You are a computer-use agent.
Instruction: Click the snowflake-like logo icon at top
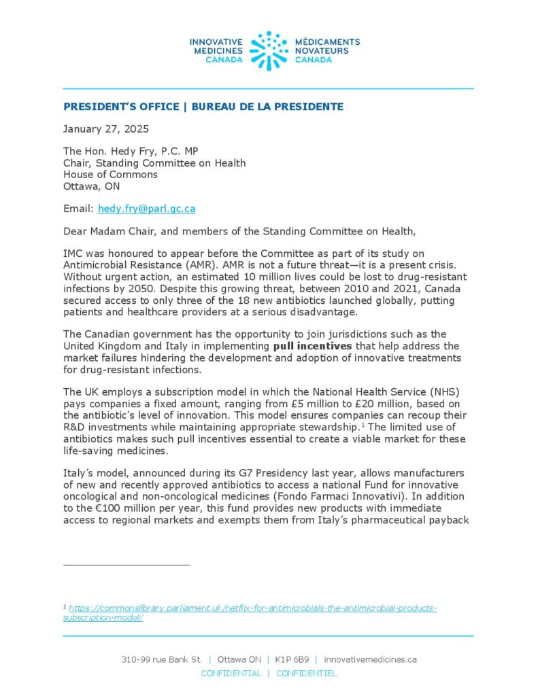click(269, 50)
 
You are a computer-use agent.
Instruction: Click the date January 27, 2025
click(105, 128)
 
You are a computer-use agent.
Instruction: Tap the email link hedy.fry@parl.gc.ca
click(146, 209)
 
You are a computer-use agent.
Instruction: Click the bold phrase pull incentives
click(312, 345)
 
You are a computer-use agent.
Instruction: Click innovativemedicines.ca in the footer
click(371, 659)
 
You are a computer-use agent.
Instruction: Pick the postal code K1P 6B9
click(291, 659)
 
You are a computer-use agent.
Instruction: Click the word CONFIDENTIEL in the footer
click(306, 674)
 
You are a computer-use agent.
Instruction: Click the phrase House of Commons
click(110, 174)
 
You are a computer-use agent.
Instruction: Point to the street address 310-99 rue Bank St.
click(161, 659)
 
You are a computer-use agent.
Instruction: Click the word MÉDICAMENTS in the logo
click(327, 41)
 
